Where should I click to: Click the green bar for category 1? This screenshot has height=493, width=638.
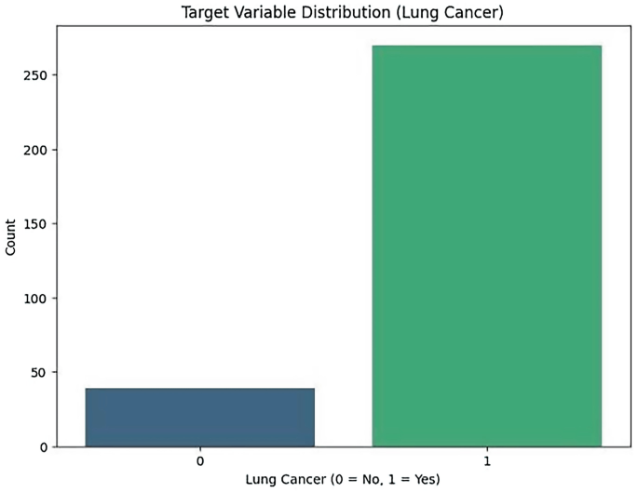pos(486,246)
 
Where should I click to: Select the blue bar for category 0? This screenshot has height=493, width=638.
pos(200,418)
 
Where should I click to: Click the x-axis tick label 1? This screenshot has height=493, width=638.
pos(486,460)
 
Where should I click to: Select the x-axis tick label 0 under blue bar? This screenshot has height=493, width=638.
pos(200,460)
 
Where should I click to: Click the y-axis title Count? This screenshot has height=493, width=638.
pos(11,237)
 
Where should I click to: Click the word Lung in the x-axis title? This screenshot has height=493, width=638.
pos(262,480)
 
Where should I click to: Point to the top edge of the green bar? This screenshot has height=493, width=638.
pos(486,46)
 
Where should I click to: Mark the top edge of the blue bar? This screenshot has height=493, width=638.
pos(200,389)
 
